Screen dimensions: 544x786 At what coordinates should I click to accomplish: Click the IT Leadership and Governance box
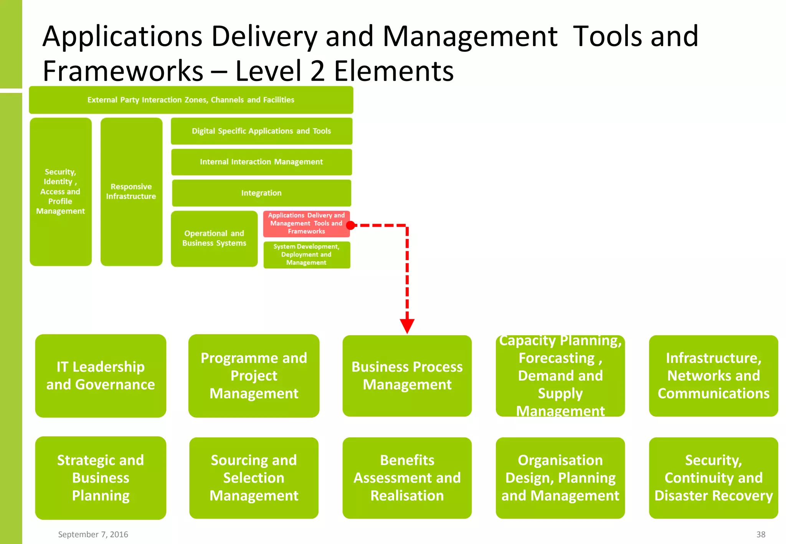point(101,376)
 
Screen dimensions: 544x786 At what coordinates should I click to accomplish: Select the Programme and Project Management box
point(254,376)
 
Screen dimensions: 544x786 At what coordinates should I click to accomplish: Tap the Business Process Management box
point(407,376)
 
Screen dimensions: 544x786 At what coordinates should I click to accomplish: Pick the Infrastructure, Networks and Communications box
point(713,376)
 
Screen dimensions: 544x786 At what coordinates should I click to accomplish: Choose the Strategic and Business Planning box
point(101,478)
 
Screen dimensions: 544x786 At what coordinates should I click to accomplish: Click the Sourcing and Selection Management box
point(254,478)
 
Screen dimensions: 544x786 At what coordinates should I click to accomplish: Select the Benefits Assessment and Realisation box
point(407,478)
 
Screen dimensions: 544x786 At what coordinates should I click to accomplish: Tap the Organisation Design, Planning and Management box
point(560,478)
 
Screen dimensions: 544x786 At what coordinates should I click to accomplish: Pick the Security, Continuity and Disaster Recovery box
point(713,478)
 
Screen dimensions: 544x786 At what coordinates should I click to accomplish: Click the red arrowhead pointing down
point(407,326)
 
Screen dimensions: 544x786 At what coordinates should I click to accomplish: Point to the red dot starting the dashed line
point(350,225)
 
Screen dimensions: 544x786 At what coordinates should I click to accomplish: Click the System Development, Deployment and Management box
point(306,255)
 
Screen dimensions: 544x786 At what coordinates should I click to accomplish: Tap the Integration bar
point(261,193)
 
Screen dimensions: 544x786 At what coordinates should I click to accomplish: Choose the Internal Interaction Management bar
point(261,162)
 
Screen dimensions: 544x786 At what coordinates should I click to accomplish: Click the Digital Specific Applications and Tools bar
point(261,131)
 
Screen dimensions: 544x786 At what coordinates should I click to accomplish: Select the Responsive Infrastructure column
point(131,191)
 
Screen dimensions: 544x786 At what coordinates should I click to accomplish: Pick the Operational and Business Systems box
point(214,238)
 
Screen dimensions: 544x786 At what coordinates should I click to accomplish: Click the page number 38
point(760,534)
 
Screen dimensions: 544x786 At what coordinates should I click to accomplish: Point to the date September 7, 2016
point(93,534)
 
